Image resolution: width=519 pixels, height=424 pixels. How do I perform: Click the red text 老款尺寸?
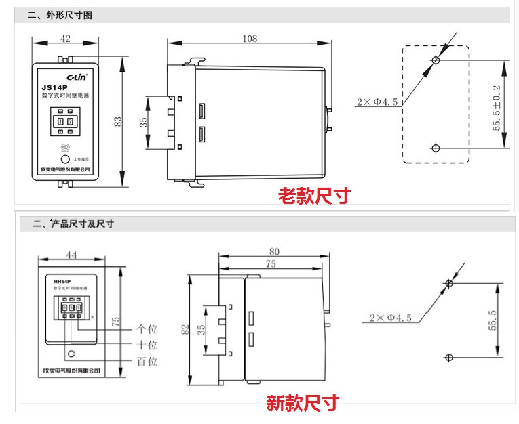point(315,196)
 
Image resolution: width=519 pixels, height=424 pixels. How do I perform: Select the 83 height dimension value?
point(118,121)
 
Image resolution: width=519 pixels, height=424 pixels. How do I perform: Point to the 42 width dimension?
point(65,39)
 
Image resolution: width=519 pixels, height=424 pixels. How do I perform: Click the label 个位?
point(147,329)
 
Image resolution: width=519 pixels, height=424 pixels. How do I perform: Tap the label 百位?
point(147,362)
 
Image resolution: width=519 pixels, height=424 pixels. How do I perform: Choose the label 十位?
point(147,345)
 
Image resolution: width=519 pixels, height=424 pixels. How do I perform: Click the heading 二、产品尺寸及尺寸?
point(75,224)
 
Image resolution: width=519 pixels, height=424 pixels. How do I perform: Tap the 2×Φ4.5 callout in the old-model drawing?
point(377,102)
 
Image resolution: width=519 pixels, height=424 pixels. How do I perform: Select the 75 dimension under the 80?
point(270,265)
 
